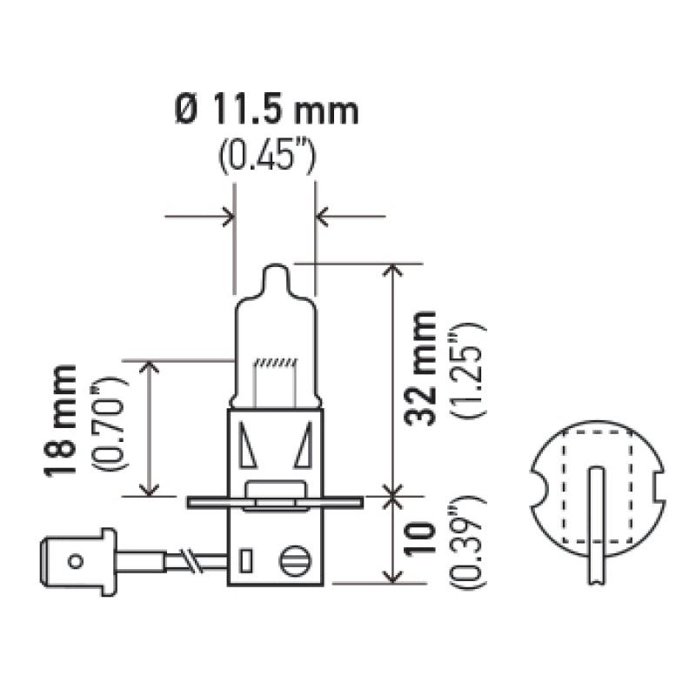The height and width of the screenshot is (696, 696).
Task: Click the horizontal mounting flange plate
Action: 274,501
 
